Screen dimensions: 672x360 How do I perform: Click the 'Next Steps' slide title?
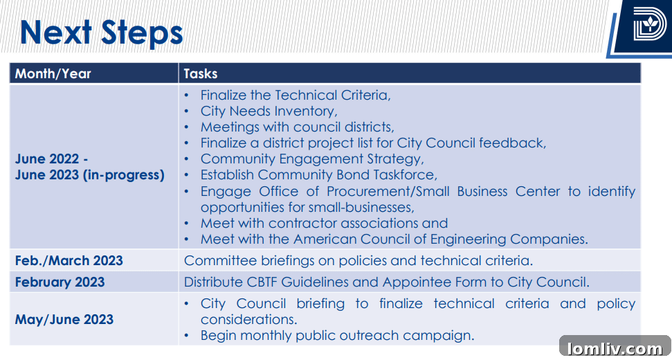(101, 33)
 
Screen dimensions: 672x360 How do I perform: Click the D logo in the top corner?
(650, 24)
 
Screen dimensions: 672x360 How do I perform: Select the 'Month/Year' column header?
(53, 73)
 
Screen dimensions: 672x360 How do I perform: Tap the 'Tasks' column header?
(201, 73)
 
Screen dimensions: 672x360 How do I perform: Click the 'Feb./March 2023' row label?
(69, 260)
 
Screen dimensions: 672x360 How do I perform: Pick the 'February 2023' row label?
(60, 282)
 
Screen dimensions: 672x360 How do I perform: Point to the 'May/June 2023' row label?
(64, 319)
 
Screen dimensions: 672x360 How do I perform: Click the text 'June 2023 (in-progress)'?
(90, 175)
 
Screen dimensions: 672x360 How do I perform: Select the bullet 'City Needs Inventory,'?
(269, 111)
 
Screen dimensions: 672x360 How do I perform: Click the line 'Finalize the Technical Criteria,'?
(296, 95)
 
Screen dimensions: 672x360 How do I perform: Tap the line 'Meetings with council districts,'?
(298, 127)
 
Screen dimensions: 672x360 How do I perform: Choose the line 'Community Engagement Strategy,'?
(312, 159)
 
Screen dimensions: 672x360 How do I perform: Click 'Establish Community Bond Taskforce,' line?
(319, 175)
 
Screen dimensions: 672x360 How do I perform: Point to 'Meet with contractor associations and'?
(325, 224)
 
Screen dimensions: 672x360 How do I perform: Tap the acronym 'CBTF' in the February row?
(264, 282)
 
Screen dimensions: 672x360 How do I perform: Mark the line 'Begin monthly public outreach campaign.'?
(338, 335)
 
